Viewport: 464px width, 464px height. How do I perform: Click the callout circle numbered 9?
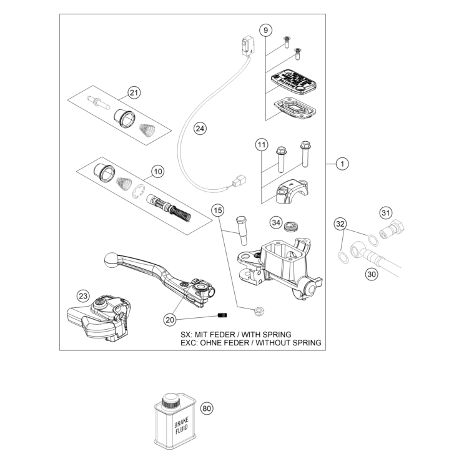265,30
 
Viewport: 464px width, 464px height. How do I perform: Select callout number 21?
134,93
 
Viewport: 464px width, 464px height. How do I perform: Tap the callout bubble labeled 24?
199,129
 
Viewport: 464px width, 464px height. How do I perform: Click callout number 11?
261,146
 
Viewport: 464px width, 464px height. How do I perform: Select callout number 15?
217,210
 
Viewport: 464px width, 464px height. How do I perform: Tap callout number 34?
276,222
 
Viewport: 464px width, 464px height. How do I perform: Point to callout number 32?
340,223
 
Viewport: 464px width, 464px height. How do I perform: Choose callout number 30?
371,272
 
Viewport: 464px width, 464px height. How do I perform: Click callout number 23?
83,295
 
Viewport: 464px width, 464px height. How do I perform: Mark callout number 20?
170,319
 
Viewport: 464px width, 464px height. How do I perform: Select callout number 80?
207,408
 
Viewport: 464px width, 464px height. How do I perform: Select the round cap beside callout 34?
290,225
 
